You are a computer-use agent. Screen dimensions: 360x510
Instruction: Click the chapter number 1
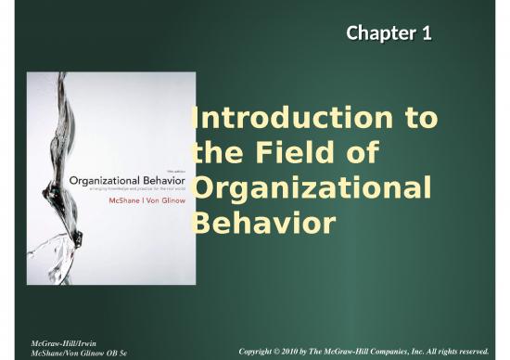click(x=427, y=34)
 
